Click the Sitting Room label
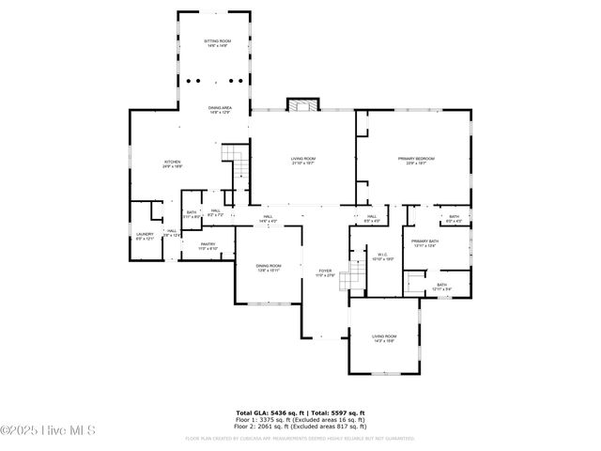(x=214, y=43)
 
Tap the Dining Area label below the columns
(x=221, y=110)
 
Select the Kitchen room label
(x=173, y=163)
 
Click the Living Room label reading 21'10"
(x=302, y=161)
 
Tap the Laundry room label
(x=145, y=236)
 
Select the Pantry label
(x=208, y=246)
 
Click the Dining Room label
(x=269, y=268)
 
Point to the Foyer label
(x=325, y=273)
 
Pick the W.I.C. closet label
(x=383, y=256)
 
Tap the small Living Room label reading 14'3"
(x=384, y=338)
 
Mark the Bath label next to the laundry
(x=192, y=214)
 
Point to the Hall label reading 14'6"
(x=268, y=220)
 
